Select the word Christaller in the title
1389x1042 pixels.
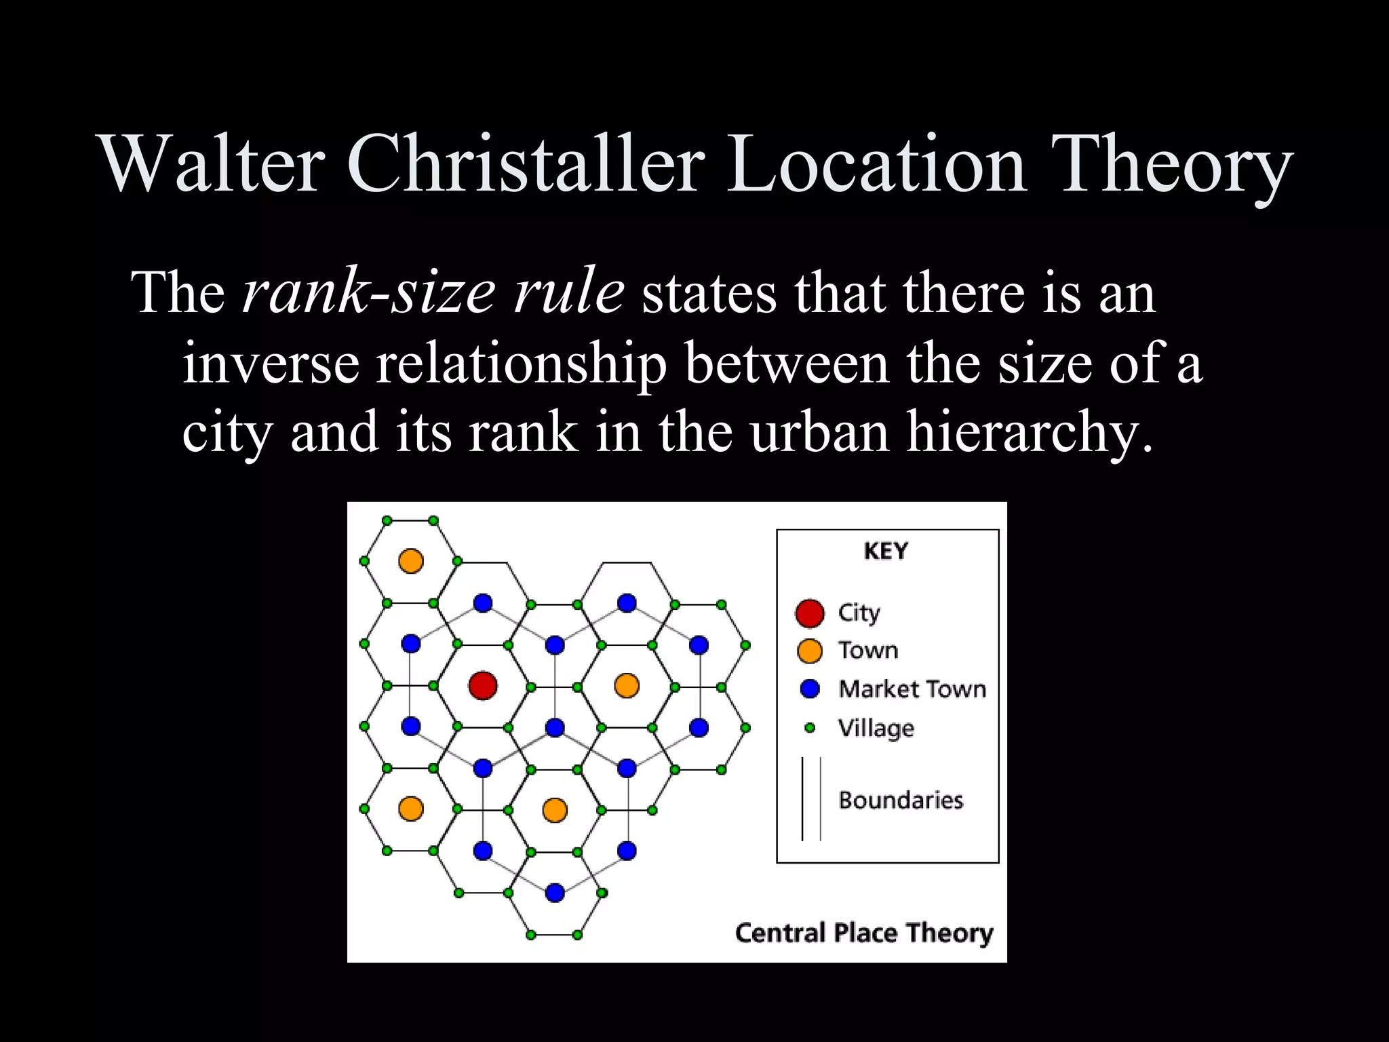coord(526,164)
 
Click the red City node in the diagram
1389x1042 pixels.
coord(483,685)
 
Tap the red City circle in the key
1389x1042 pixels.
coord(809,613)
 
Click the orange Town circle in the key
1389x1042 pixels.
coord(809,651)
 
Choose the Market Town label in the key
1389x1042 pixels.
coord(912,689)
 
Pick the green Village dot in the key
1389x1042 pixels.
coord(809,728)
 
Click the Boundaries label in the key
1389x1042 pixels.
coord(901,800)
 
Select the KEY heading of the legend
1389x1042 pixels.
coord(886,551)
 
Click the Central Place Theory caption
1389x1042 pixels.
coord(863,933)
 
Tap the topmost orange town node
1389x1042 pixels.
coord(411,561)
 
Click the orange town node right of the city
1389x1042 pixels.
coord(627,685)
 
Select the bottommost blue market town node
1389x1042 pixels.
coord(555,892)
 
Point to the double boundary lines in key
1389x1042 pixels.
coord(811,799)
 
